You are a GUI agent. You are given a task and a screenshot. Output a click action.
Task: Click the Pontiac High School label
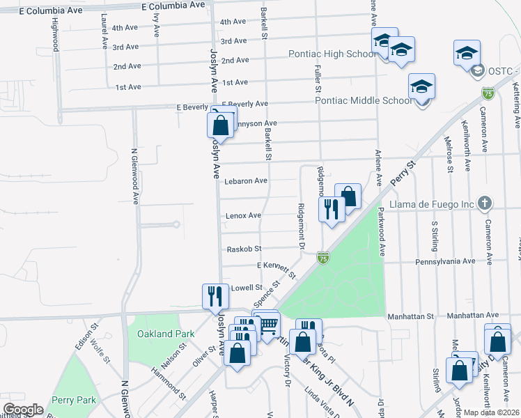pos(332,54)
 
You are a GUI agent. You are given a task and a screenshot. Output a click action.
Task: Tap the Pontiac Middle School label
pos(364,100)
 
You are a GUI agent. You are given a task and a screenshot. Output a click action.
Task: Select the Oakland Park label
pos(166,334)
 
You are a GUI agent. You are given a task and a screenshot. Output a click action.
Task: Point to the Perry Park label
pos(73,401)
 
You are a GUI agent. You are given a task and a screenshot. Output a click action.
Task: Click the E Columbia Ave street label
pos(173,5)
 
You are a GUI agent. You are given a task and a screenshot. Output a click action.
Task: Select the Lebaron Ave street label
pos(246,181)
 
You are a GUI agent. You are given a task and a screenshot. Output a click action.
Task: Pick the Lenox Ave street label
pos(243,216)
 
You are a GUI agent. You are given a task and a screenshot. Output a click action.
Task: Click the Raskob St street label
pos(244,249)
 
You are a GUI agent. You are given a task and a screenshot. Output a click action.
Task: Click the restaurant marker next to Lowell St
pos(215,295)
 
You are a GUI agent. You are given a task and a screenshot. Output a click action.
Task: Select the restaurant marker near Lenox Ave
pos(332,208)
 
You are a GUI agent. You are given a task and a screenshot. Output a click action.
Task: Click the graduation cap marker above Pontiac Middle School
pos(421,87)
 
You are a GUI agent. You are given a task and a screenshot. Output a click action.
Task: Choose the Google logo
pos(23,410)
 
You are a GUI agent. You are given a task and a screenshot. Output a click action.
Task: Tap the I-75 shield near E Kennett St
pos(322,258)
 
